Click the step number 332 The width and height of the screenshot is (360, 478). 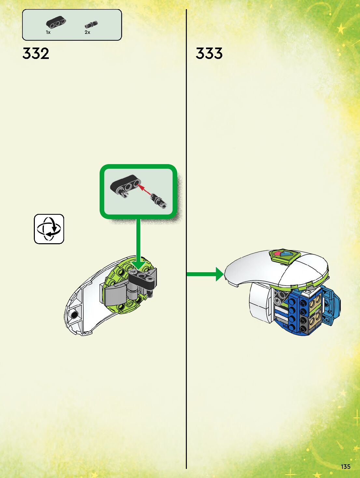(x=36, y=53)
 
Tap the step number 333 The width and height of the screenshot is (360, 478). (x=209, y=53)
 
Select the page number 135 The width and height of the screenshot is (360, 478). (x=345, y=467)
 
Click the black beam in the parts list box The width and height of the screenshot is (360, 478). (x=56, y=23)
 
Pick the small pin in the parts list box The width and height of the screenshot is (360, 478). (x=91, y=24)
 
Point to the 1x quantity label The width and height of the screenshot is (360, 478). (x=48, y=32)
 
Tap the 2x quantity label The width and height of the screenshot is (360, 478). (x=87, y=32)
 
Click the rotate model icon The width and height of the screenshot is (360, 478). (x=49, y=229)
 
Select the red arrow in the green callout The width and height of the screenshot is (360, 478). (x=145, y=190)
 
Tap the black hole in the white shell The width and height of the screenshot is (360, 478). (x=75, y=315)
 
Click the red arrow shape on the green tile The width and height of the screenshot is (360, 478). (x=278, y=253)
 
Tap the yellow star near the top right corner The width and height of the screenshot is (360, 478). (x=341, y=29)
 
